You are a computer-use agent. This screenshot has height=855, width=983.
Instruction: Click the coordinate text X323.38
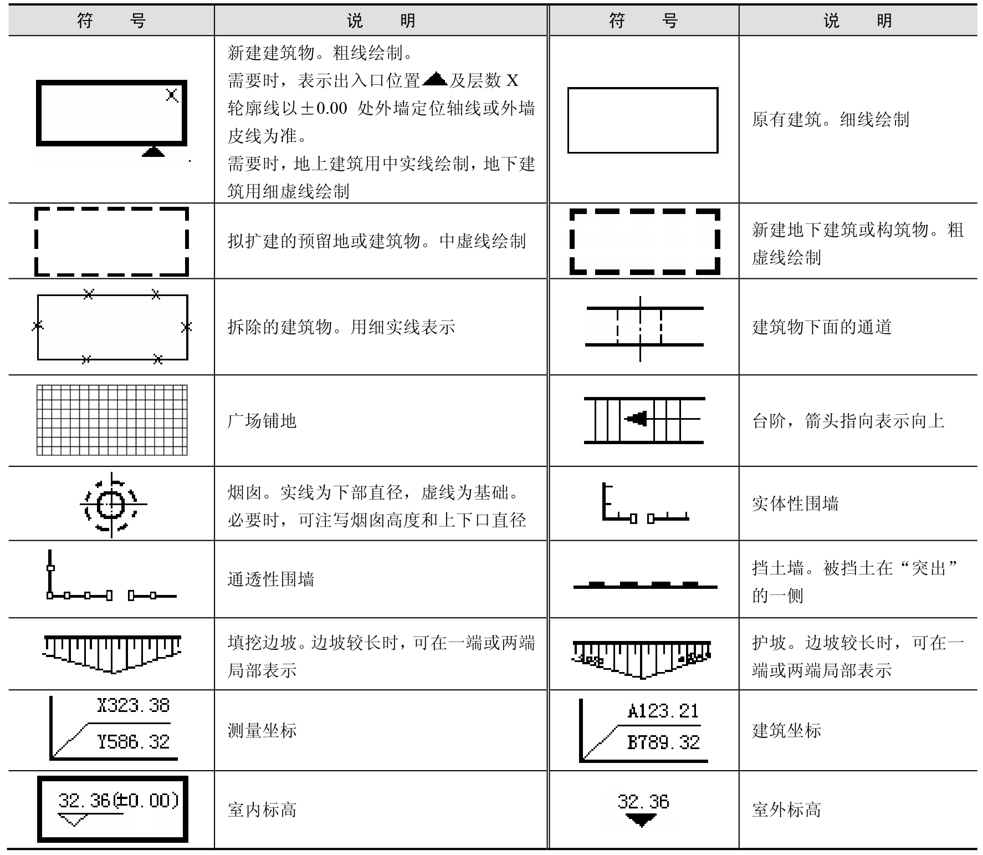pos(133,705)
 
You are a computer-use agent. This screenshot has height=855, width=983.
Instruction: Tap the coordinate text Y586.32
pos(133,742)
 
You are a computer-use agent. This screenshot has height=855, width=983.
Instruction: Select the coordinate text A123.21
pos(663,711)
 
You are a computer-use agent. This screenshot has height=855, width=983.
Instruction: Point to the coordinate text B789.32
pos(663,742)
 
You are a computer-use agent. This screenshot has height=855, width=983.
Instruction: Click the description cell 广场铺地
pos(262,421)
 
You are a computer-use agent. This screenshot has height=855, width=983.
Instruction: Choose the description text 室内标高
pos(262,810)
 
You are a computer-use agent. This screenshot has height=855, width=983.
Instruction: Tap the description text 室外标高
pos(786,810)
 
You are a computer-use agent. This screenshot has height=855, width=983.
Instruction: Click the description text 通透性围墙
pos(270,579)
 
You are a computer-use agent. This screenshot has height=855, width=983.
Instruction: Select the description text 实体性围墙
pos(795,503)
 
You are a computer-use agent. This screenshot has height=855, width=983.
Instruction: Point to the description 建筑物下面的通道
pos(822,327)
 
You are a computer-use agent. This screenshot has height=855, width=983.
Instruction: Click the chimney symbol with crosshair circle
pos(112,505)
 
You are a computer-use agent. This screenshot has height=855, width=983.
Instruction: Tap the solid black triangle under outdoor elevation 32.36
pos(642,820)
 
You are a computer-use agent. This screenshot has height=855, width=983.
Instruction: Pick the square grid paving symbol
pos(112,420)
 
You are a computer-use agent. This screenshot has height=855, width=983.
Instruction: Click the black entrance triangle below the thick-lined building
pos(153,151)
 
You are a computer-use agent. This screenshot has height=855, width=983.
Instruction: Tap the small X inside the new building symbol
pos(172,95)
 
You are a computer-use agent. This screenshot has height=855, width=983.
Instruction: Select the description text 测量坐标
pos(262,730)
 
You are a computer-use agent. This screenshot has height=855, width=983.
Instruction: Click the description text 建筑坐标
pos(786,730)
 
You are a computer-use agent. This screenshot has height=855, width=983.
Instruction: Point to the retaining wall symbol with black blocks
pos(645,585)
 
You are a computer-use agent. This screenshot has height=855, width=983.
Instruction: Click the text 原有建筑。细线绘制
pos(830,120)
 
